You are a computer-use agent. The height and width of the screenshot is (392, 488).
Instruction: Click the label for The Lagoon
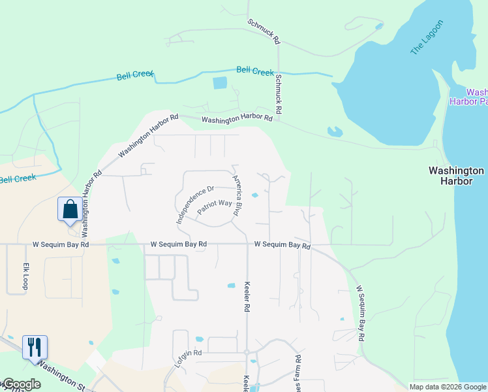[x=427, y=38]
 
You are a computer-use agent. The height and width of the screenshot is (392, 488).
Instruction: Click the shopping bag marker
[x=70, y=210]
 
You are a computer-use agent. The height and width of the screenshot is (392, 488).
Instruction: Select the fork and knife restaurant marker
[x=35, y=346]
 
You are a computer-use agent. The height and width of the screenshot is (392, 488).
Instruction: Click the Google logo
[x=21, y=384]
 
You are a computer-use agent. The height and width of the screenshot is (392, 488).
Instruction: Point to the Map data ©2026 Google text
[x=447, y=387]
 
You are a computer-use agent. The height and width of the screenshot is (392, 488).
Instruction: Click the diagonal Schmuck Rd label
[x=263, y=31]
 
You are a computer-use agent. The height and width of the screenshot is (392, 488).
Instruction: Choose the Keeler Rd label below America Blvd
[x=247, y=297]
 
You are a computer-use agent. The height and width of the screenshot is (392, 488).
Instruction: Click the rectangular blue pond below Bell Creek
[x=220, y=83]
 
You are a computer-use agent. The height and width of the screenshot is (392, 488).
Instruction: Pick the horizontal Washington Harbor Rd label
[x=237, y=119]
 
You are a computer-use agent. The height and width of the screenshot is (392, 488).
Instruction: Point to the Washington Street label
[x=65, y=374]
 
